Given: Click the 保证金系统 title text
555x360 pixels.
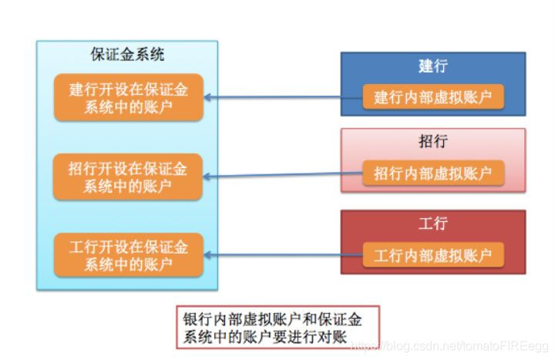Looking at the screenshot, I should pos(127,56).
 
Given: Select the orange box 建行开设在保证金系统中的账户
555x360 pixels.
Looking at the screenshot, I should pos(128,98).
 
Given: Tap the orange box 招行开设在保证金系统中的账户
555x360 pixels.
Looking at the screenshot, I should pos(128,177).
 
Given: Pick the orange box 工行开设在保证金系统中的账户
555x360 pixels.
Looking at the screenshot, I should pos(128,255).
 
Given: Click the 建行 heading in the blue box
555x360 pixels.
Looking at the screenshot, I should pos(433,66).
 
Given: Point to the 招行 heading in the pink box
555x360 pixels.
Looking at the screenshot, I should pos(433,142).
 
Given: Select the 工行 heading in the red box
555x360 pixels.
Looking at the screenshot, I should pos(433,224).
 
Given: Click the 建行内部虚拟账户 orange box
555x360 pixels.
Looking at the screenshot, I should pos(433,97).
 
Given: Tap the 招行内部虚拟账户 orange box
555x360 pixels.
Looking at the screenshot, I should pos(433,173).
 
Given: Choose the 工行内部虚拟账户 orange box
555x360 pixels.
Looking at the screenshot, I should pos(433,254).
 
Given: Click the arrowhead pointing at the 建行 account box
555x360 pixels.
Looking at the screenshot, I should pos(208,98).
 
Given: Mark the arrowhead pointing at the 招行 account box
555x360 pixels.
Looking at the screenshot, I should pos(208,177).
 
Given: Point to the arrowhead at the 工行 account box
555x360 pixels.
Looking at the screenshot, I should pos(208,255).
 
